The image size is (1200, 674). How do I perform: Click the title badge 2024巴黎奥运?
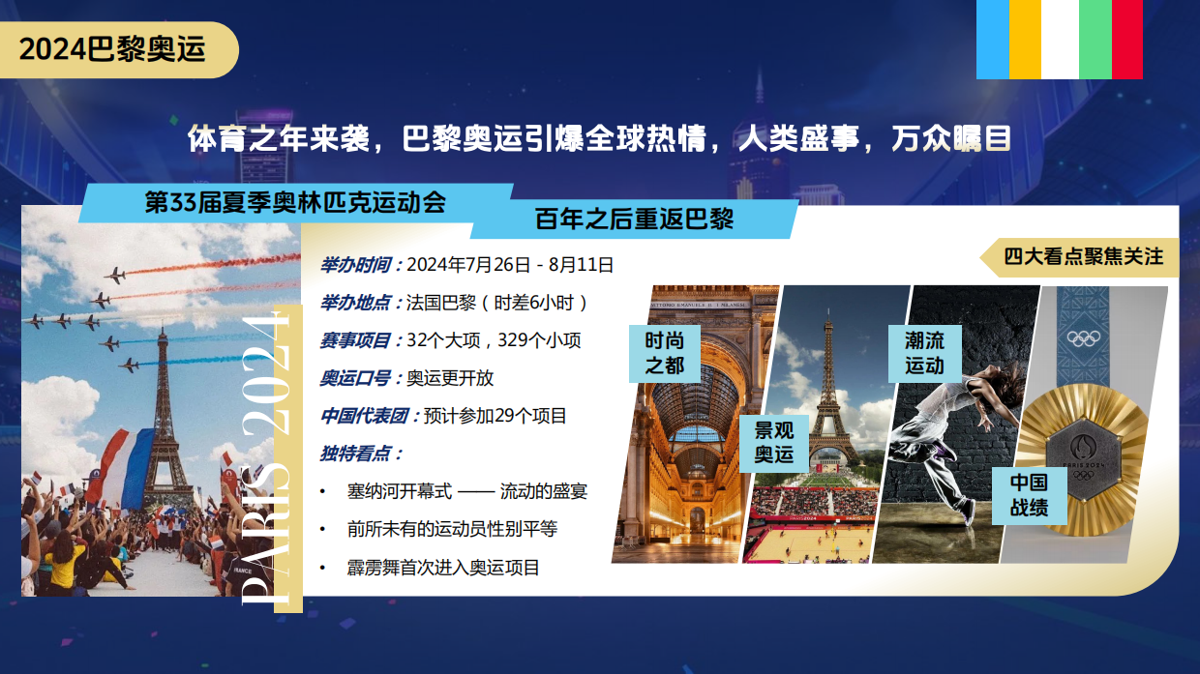(113, 49)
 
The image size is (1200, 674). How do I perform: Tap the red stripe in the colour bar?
(1127, 39)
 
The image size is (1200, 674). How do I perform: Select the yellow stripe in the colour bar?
(1025, 39)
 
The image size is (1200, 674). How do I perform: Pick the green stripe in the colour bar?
(1095, 39)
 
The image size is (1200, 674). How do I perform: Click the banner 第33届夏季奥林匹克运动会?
(294, 203)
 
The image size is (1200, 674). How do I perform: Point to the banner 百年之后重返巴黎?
(634, 220)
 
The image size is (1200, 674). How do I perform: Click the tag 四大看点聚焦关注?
(1082, 257)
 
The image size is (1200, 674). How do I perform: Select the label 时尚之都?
(664, 352)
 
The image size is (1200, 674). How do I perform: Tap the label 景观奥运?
(773, 444)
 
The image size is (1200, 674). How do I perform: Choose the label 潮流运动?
(924, 352)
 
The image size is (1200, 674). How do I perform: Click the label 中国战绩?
(1029, 494)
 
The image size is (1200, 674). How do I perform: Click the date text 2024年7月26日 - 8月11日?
(510, 265)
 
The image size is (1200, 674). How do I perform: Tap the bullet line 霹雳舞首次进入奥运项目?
(443, 568)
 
